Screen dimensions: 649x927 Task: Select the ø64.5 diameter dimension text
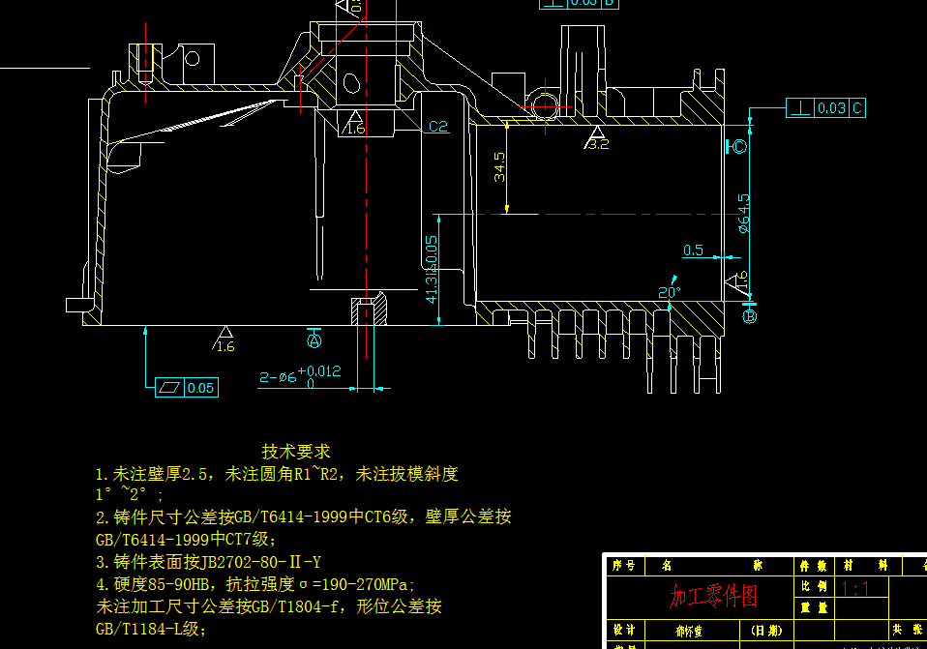[743, 214]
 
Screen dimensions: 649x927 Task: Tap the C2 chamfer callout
[438, 127]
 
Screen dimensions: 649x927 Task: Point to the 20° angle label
[670, 291]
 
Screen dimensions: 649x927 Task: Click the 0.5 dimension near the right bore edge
[693, 251]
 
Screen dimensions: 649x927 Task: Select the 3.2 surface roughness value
[599, 145]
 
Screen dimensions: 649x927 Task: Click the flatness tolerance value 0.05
[201, 388]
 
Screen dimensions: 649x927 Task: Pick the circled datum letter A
[314, 340]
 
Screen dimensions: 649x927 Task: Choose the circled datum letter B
[750, 315]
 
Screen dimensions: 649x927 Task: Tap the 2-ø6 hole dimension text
[278, 377]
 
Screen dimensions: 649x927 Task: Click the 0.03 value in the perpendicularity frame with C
[831, 108]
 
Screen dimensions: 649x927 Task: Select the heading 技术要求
[296, 452]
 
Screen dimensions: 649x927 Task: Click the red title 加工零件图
[714, 596]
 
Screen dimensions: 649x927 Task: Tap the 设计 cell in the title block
[625, 631]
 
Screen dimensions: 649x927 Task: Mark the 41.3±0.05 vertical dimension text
[432, 267]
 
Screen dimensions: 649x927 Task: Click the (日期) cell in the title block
[768, 631]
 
